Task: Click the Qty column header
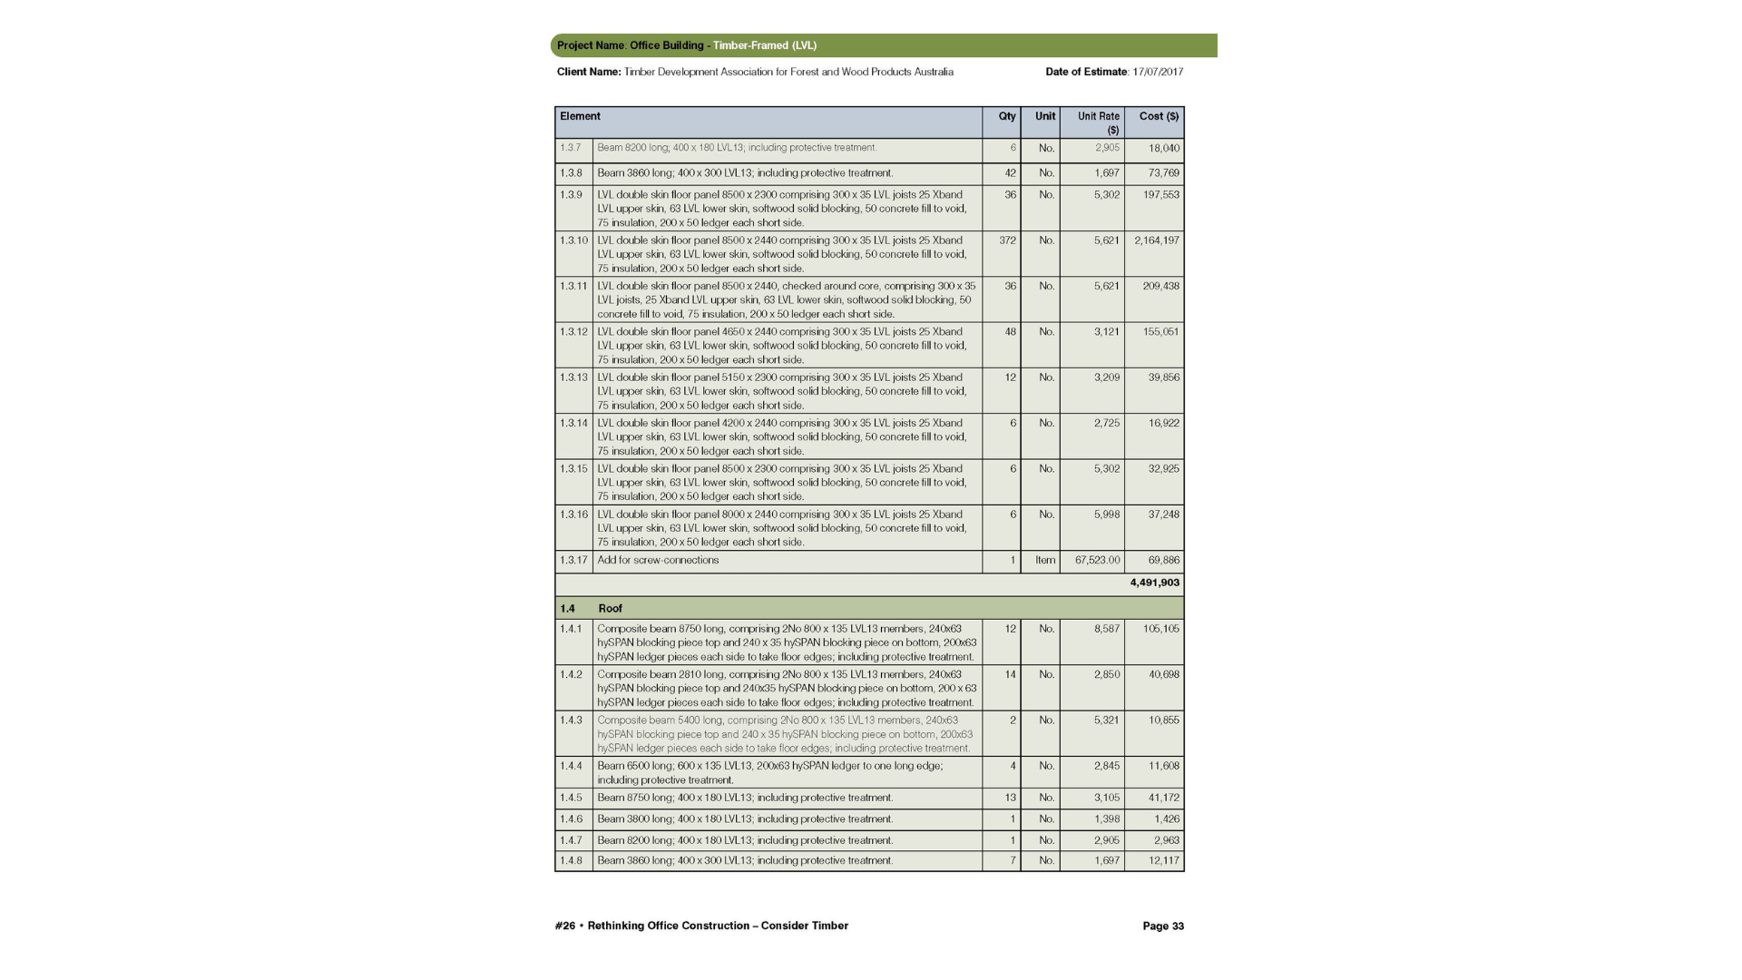click(x=1006, y=116)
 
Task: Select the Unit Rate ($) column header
click(x=1098, y=122)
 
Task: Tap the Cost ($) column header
click(x=1159, y=116)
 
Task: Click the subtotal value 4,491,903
click(x=1154, y=583)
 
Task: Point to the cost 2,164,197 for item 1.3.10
click(x=1156, y=240)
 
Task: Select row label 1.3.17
click(x=573, y=560)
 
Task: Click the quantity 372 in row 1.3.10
click(x=1007, y=240)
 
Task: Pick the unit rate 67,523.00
click(x=1097, y=560)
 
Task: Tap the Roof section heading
click(x=610, y=608)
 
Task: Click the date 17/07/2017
click(x=1157, y=72)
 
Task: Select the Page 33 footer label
click(x=1162, y=926)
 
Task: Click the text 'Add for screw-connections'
click(x=658, y=560)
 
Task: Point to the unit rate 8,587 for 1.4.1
click(x=1106, y=628)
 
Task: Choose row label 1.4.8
click(x=571, y=860)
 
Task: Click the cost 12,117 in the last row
click(x=1163, y=860)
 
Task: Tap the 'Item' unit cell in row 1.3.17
click(x=1045, y=560)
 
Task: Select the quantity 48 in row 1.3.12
click(x=1010, y=331)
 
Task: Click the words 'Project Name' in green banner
click(x=591, y=45)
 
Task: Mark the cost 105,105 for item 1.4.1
click(x=1160, y=628)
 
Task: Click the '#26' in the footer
click(x=565, y=926)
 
